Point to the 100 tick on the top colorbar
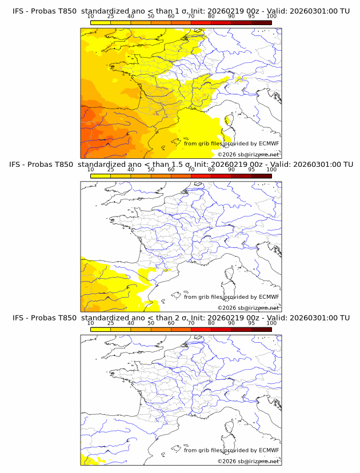(x=271, y=17)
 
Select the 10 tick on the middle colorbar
(x=91, y=170)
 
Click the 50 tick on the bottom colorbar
(x=151, y=323)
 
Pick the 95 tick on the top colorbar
(x=251, y=17)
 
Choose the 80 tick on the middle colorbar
(x=211, y=170)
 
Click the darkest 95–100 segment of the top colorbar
(x=261, y=22)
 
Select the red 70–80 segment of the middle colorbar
(x=201, y=175)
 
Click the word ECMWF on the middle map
(x=269, y=297)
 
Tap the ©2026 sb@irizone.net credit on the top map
(x=248, y=154)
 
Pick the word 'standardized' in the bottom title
(x=103, y=318)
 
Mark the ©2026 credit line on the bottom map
(x=248, y=461)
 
